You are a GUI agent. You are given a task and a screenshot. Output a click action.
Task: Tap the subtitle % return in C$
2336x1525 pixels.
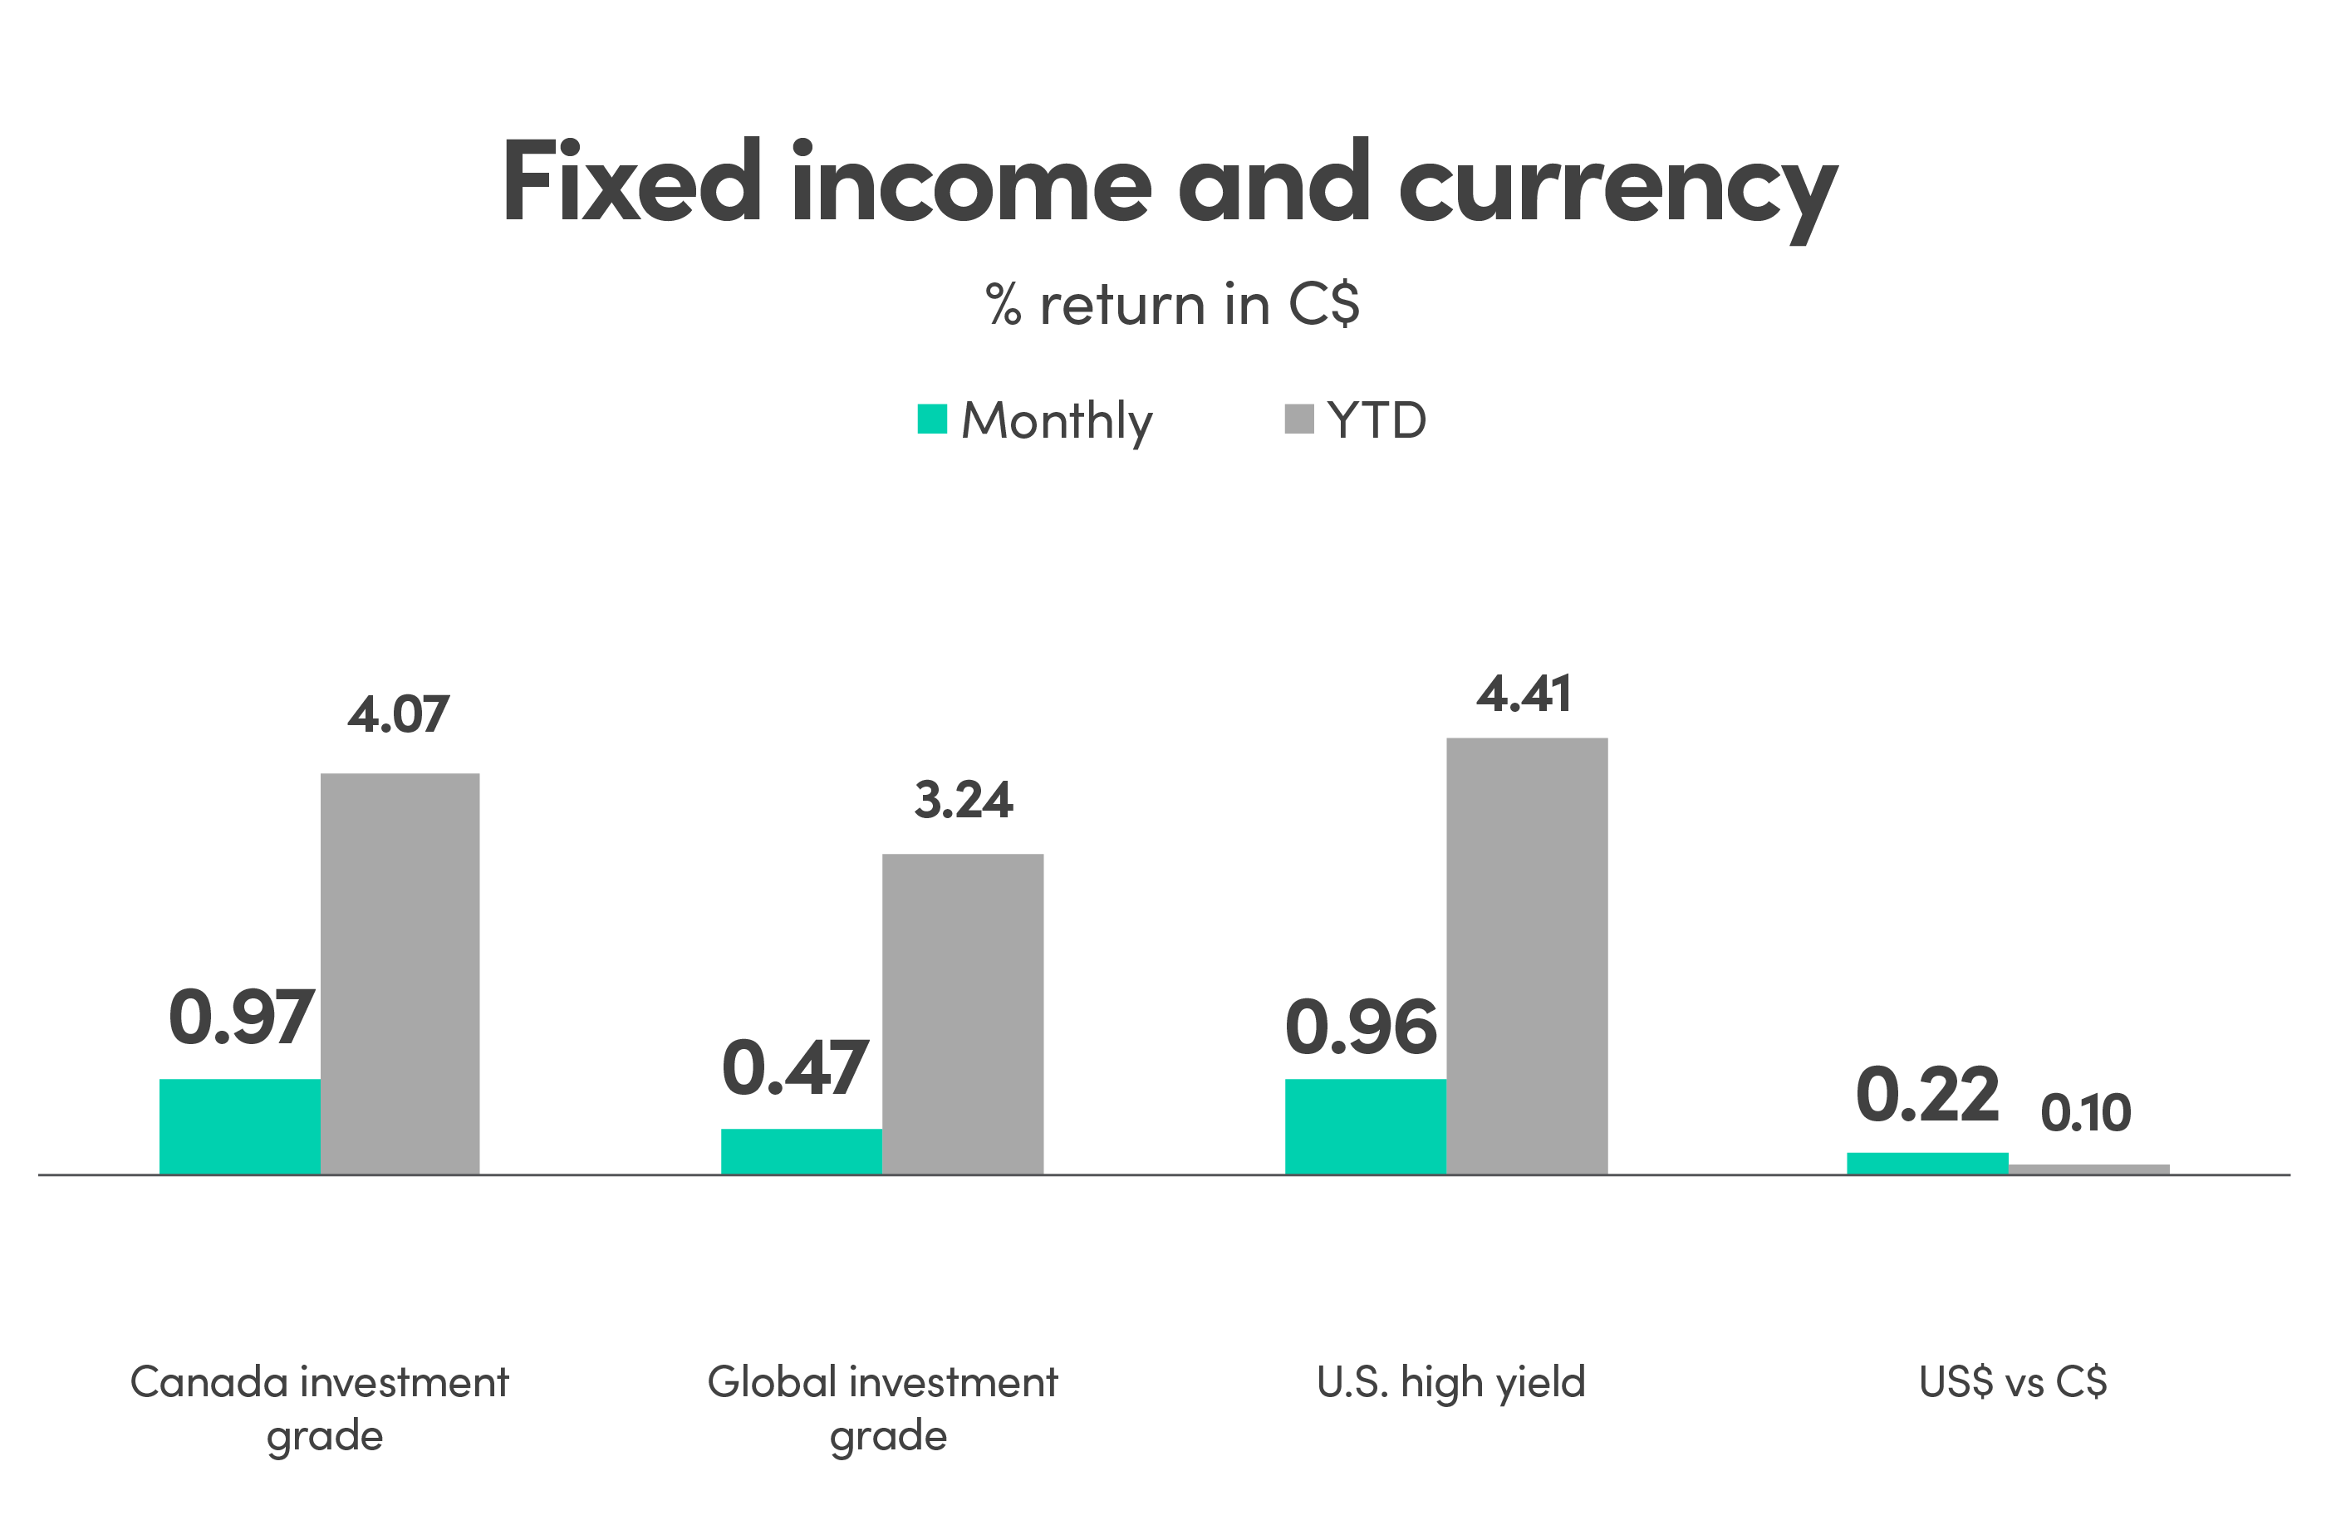[1172, 304]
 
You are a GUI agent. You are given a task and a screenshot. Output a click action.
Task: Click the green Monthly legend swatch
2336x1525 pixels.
[931, 419]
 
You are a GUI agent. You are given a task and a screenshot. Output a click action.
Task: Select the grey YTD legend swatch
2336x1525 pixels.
[1298, 419]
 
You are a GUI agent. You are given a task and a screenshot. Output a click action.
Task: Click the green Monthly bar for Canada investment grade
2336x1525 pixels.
[239, 1125]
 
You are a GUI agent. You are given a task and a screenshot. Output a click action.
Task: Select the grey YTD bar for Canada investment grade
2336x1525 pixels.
[400, 973]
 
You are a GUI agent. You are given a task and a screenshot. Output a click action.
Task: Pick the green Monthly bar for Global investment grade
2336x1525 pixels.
[801, 1150]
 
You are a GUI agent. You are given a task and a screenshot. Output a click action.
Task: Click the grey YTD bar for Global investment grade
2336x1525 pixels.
[963, 1013]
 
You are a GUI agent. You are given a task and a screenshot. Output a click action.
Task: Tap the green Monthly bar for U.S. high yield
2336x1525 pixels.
[1365, 1125]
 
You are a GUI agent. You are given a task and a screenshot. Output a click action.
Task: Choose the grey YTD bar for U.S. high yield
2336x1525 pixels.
[1527, 955]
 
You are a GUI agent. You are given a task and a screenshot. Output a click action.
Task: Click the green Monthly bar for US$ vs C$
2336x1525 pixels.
[1926, 1162]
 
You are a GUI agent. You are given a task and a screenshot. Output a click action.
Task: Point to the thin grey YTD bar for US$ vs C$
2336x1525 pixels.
[2088, 1169]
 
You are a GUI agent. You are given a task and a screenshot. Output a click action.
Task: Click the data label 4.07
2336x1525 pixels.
[399, 713]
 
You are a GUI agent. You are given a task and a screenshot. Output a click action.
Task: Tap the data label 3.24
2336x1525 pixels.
[963, 800]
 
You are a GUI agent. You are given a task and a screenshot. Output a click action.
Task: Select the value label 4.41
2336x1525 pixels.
[1524, 694]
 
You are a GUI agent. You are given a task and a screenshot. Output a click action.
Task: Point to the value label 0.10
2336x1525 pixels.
[2086, 1113]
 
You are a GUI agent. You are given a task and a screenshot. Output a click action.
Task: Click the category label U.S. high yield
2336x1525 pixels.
[1450, 1383]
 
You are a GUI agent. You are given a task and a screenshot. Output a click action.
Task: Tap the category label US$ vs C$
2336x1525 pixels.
[2013, 1383]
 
